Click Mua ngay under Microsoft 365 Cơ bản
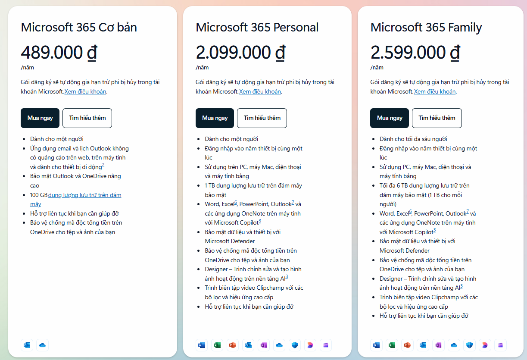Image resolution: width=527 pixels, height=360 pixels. pyautogui.click(x=40, y=118)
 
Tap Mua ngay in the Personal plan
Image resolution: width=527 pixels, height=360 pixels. pyautogui.click(x=215, y=118)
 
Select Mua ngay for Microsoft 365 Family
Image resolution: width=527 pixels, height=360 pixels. pyautogui.click(x=390, y=118)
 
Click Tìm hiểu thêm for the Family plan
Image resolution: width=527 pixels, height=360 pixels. pyautogui.click(x=437, y=118)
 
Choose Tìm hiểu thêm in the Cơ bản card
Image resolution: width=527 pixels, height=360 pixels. pyautogui.click(x=87, y=118)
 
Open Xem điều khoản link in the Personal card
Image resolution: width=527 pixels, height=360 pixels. pyautogui.click(x=260, y=91)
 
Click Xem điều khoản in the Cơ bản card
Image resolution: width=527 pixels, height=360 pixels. pyautogui.click(x=85, y=91)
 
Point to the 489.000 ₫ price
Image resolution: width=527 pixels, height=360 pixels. pyautogui.click(x=59, y=53)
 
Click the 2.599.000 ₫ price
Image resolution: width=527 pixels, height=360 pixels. pyautogui.click(x=415, y=53)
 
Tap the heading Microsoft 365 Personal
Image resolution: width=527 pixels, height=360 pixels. pyautogui.click(x=257, y=27)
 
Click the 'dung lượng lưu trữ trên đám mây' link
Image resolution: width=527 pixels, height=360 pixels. pyautogui.click(x=84, y=195)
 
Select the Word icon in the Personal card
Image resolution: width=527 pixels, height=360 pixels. pyautogui.click(x=201, y=345)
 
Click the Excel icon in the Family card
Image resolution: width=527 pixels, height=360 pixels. pyautogui.click(x=392, y=345)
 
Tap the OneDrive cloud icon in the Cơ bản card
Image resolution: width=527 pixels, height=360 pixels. pyautogui.click(x=42, y=345)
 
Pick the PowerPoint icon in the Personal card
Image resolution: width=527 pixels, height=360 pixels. pyautogui.click(x=232, y=345)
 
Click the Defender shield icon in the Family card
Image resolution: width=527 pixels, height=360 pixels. pyautogui.click(x=469, y=345)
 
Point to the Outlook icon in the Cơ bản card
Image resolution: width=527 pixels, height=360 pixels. pyautogui.click(x=27, y=345)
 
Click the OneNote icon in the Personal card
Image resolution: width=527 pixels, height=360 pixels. pyautogui.click(x=263, y=345)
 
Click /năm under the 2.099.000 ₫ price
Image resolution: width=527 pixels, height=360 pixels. pyautogui.click(x=202, y=67)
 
